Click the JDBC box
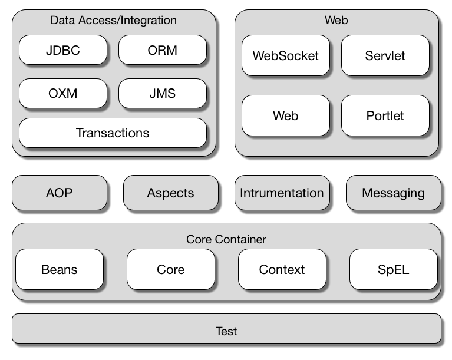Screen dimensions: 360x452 pyautogui.click(x=63, y=50)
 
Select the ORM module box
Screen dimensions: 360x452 pyautogui.click(x=163, y=50)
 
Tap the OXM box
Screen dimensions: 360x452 pyautogui.click(x=63, y=93)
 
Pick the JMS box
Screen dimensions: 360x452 pyautogui.click(x=163, y=93)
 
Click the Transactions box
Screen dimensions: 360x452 pyautogui.click(x=113, y=133)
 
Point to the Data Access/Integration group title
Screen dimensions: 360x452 pyautogui.click(x=113, y=21)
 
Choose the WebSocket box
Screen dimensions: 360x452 pyautogui.click(x=286, y=55)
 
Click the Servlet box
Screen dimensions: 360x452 pyautogui.click(x=385, y=55)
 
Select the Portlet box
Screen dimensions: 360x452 pyautogui.click(x=385, y=115)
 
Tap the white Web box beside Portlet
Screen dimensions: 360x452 pyautogui.click(x=286, y=115)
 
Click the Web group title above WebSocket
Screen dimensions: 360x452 pyautogui.click(x=336, y=21)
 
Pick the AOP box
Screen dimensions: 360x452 pyautogui.click(x=60, y=193)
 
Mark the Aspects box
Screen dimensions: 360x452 pyautogui.click(x=170, y=193)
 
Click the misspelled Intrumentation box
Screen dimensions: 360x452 pyautogui.click(x=282, y=193)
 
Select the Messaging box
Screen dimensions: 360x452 pyautogui.click(x=393, y=193)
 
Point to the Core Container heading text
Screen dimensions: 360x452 pyautogui.click(x=226, y=239)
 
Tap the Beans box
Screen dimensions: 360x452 pyautogui.click(x=60, y=270)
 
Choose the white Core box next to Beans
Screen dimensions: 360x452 pyautogui.click(x=170, y=270)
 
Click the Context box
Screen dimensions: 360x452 pyautogui.click(x=282, y=270)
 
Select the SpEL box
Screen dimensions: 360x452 pyautogui.click(x=393, y=270)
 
